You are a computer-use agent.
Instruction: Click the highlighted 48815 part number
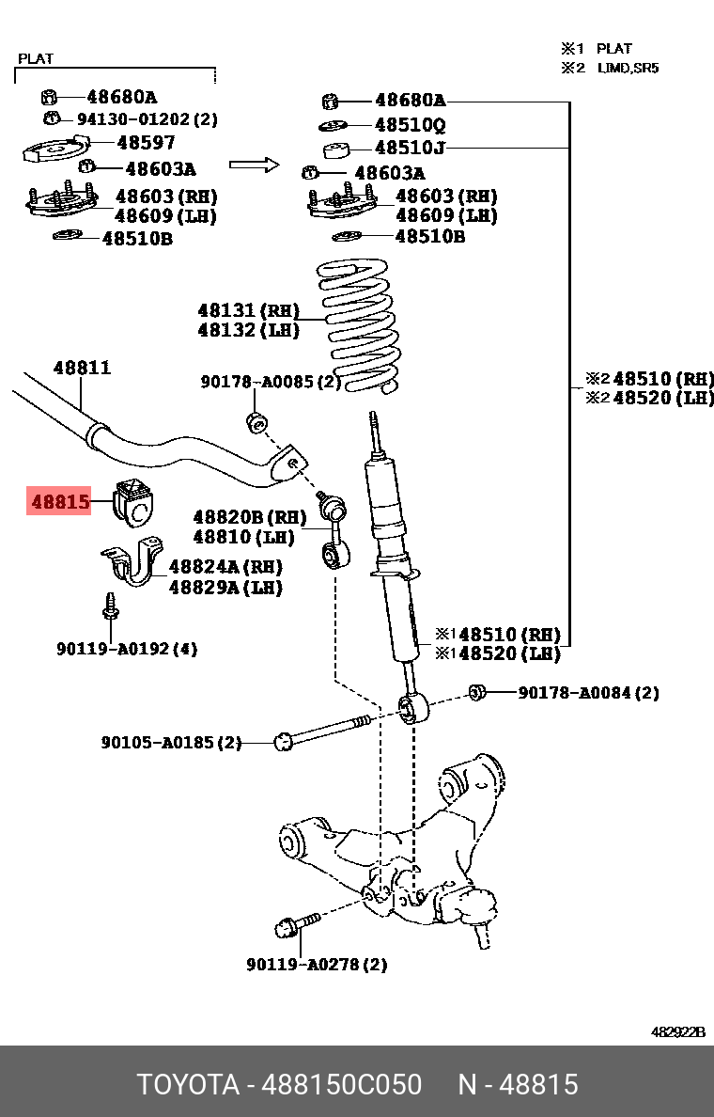(60, 502)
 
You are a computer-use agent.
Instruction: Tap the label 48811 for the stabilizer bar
(82, 368)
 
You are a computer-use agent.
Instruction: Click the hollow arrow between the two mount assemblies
(255, 166)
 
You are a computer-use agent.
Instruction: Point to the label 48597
(146, 143)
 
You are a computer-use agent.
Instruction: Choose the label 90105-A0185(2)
(171, 742)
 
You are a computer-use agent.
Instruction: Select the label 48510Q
(410, 124)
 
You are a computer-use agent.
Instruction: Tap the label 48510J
(410, 148)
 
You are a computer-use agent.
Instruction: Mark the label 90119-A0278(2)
(317, 964)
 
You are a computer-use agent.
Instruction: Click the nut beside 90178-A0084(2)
(476, 694)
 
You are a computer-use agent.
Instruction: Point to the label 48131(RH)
(248, 310)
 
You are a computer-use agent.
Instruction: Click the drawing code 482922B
(677, 1031)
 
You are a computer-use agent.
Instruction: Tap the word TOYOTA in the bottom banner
(188, 1084)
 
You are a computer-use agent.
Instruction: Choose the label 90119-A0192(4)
(127, 649)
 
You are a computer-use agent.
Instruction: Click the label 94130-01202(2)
(147, 119)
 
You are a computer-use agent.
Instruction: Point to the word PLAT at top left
(36, 58)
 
